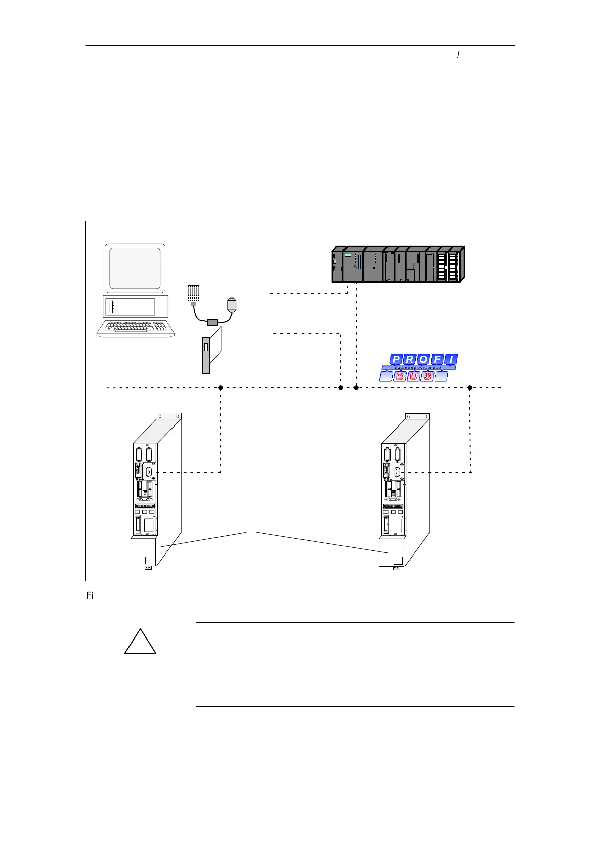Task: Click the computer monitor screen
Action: pyautogui.click(x=135, y=268)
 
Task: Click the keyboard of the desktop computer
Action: pyautogui.click(x=136, y=328)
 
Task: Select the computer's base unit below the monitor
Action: pyautogui.click(x=135, y=307)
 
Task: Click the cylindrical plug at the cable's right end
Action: pyautogui.click(x=231, y=305)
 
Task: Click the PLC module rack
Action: pyautogui.click(x=398, y=264)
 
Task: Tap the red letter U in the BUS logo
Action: pyautogui.click(x=414, y=376)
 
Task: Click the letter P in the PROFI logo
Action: pyautogui.click(x=396, y=360)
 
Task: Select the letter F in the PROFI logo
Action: pyautogui.click(x=437, y=360)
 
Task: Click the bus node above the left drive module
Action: pyautogui.click(x=221, y=388)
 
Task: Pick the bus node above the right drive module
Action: pyautogui.click(x=470, y=388)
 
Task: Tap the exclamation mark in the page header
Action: pyautogui.click(x=458, y=55)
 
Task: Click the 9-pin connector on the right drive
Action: pyautogui.click(x=397, y=472)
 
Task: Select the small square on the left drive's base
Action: pyautogui.click(x=149, y=560)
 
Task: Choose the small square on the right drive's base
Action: pyautogui.click(x=398, y=560)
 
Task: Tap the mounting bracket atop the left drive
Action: pyautogui.click(x=169, y=416)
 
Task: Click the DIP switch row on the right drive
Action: pyautogui.click(x=393, y=506)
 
